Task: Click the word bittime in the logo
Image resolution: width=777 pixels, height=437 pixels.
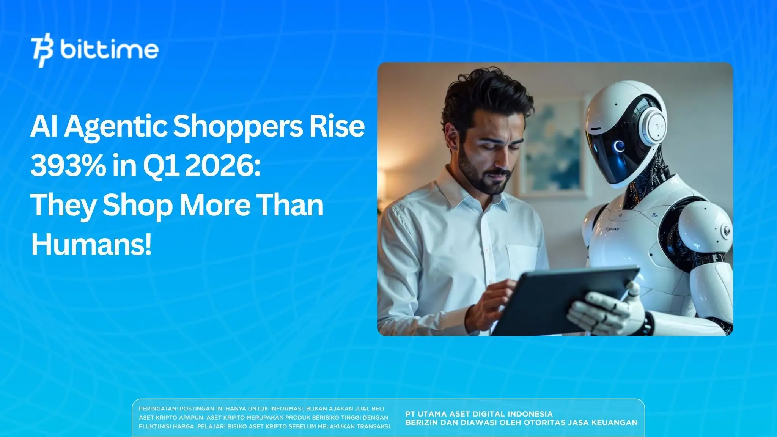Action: coord(109,50)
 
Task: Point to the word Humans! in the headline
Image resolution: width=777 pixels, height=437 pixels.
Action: coord(91,245)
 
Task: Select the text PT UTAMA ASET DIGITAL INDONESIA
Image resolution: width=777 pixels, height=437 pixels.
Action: coord(479,414)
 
